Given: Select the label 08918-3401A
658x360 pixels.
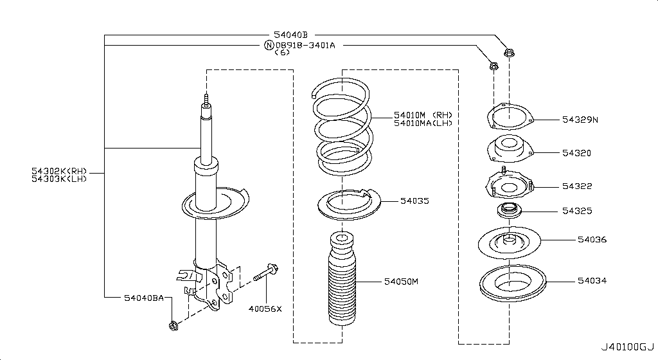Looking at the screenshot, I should [305, 45].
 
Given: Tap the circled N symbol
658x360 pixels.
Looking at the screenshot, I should [269, 45].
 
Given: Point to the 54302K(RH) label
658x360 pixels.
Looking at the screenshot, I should [59, 171].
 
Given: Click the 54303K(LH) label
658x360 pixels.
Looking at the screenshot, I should [59, 179].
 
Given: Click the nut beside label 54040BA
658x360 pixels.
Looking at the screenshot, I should [173, 327].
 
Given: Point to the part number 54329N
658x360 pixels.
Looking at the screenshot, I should [580, 120].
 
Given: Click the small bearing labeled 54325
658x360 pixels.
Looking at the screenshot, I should [508, 210].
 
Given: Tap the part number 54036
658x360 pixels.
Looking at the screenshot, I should [591, 239].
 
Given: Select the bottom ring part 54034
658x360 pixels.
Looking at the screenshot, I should [512, 283].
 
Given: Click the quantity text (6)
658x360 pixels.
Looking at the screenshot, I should [282, 53].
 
